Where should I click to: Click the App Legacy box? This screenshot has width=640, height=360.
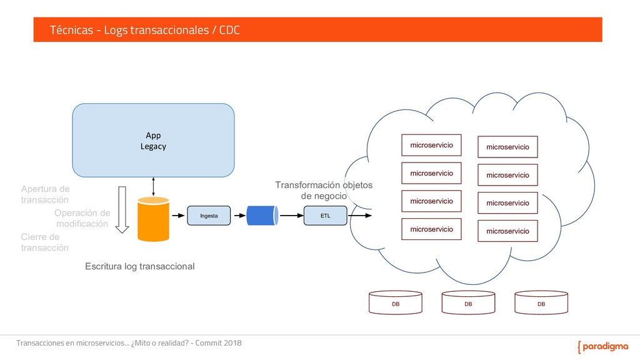point(153,140)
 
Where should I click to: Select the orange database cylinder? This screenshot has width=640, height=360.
point(153,219)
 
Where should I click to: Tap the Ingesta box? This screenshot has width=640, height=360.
point(209,216)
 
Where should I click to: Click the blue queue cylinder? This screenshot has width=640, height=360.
point(262,216)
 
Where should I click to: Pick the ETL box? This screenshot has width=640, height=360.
point(325,216)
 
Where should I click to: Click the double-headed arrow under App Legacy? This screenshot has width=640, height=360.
point(153,187)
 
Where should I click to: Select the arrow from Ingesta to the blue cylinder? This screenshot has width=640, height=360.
point(240,216)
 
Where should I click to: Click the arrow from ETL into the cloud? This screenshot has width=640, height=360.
point(360,216)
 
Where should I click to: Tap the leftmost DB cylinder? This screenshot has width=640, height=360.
point(396,302)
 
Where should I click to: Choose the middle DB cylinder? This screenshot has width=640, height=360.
point(468,302)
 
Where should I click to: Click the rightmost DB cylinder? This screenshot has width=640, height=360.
point(541,302)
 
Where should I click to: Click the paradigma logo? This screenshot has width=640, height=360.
point(603,346)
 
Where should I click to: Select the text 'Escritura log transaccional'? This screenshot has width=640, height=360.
point(139,266)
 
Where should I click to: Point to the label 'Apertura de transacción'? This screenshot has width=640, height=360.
point(45,194)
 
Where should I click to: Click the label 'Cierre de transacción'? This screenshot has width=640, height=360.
point(44,242)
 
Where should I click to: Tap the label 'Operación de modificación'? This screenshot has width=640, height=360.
point(82,218)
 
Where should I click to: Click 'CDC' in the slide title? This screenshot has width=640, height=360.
point(229,30)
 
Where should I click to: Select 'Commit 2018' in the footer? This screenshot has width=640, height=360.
point(218,343)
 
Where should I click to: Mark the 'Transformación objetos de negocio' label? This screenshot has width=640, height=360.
point(324,190)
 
